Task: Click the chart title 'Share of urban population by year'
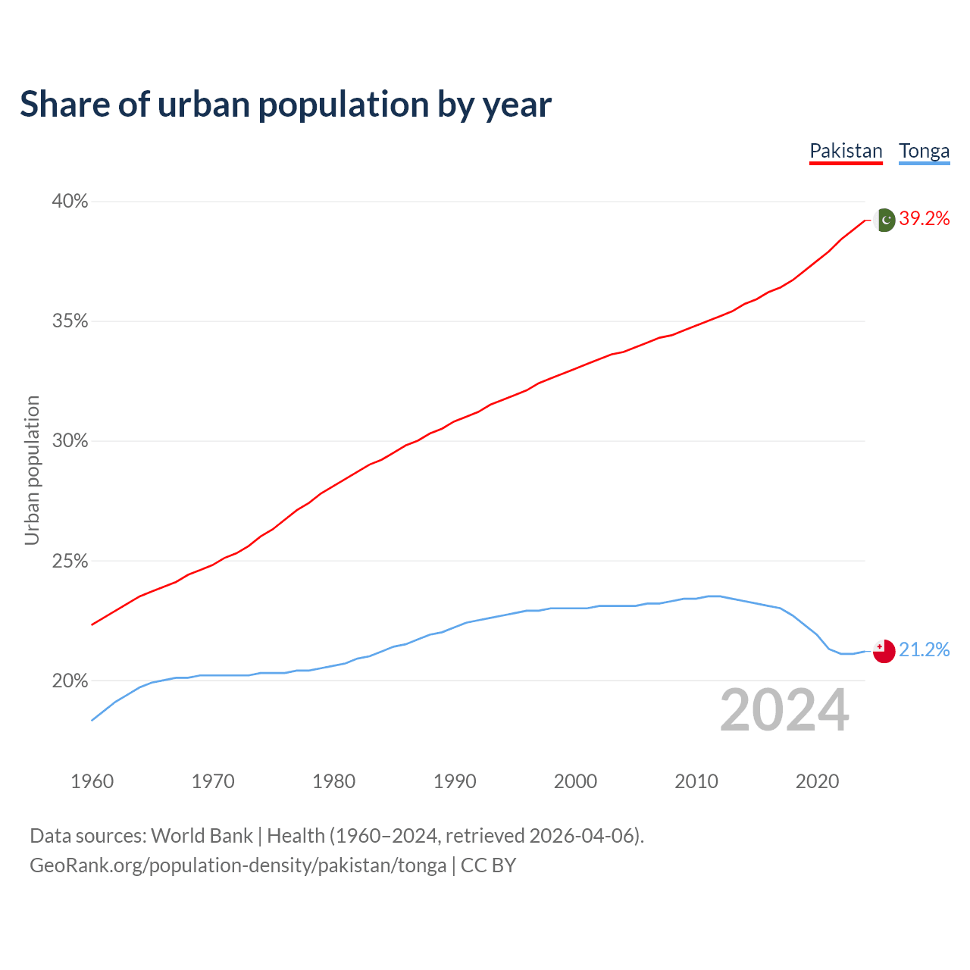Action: pos(286,105)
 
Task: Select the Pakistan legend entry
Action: pos(846,151)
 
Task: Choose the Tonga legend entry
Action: pos(924,151)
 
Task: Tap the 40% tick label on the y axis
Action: pos(70,202)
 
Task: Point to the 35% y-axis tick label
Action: pos(70,321)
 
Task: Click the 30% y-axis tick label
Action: pos(70,441)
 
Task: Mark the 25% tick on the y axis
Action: pos(70,562)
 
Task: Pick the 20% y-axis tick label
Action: pos(70,681)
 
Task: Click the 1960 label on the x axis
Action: pos(92,781)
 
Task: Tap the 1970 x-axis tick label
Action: pos(213,781)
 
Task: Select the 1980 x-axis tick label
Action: pos(334,781)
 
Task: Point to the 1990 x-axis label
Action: pos(455,781)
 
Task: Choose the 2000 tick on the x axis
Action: pos(576,781)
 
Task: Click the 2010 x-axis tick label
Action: pos(696,781)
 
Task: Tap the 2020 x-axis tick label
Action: pos(817,781)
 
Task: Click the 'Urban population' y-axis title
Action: pos(32,470)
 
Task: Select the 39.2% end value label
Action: pos(924,219)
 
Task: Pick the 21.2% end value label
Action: pos(924,650)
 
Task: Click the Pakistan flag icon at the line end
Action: pos(884,220)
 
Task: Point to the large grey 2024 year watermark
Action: pos(784,710)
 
